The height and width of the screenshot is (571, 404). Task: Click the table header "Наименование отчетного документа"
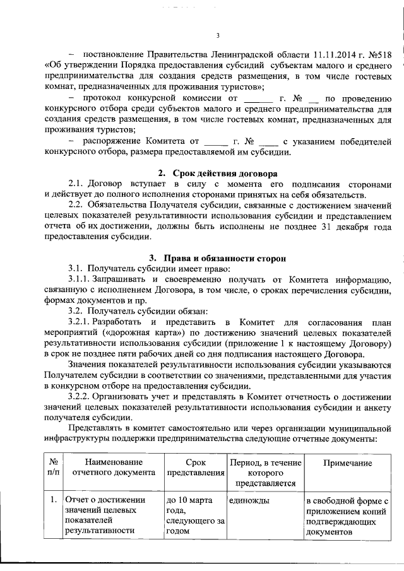(x=114, y=467)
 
